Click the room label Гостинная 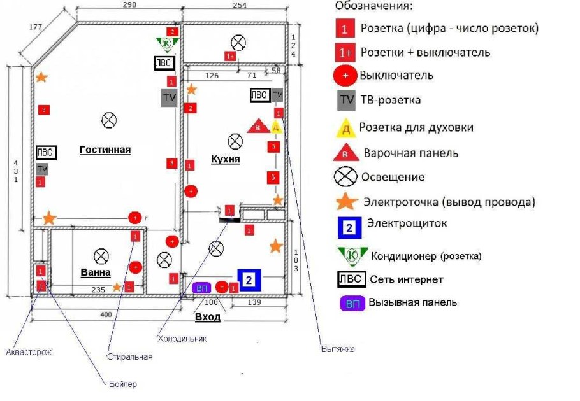105,150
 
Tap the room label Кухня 226,159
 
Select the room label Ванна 96,272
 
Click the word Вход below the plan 207,317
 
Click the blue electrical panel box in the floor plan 250,279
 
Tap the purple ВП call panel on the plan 202,288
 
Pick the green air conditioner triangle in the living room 166,43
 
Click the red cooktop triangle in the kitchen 257,127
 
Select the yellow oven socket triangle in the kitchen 276,127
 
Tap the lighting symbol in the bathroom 101,256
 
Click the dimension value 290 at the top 129,5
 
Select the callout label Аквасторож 28,351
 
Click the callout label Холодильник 182,339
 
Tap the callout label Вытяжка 338,349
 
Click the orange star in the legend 346,201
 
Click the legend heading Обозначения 374,7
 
